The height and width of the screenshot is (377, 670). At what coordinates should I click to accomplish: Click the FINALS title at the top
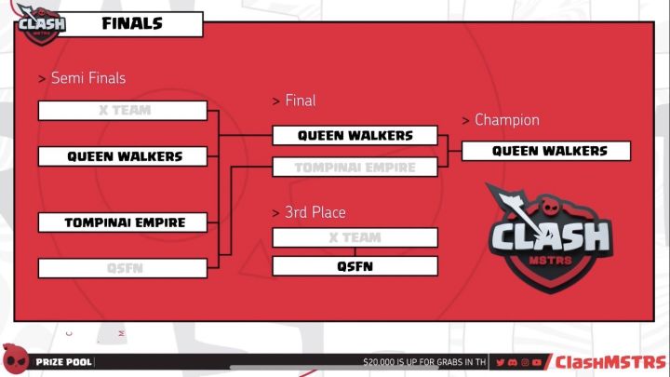coord(131,24)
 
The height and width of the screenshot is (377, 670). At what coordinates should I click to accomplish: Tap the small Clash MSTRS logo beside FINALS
coord(42,24)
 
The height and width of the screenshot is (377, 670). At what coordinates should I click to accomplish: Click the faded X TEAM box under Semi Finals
coord(123,111)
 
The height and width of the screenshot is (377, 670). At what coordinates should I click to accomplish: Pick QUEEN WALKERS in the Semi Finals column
coord(123,156)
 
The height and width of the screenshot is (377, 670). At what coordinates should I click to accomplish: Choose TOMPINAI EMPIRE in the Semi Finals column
coord(123,222)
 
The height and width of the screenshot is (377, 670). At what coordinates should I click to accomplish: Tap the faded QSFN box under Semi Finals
coord(123,268)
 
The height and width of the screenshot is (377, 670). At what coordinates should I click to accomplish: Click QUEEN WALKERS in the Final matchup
coord(355,136)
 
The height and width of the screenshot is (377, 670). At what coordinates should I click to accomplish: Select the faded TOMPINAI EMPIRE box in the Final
coord(355,168)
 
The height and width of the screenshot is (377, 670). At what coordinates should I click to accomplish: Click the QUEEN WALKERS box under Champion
coord(547,151)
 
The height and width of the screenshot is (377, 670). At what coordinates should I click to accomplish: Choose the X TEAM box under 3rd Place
coord(355,237)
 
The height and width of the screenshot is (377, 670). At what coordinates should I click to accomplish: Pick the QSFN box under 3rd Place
coord(355,266)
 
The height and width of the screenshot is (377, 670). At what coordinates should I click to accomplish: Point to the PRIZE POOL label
coord(63,362)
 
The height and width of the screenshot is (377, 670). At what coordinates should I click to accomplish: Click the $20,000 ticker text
coord(423,362)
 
